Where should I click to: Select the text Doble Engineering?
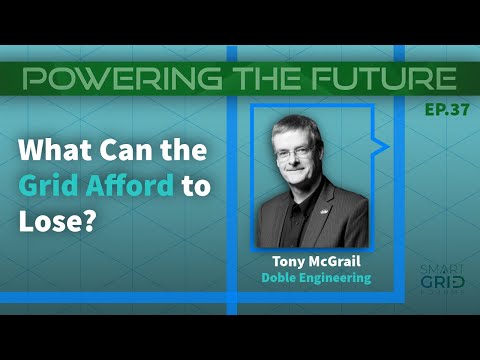point(314,279)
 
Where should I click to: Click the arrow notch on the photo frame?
point(381,147)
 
